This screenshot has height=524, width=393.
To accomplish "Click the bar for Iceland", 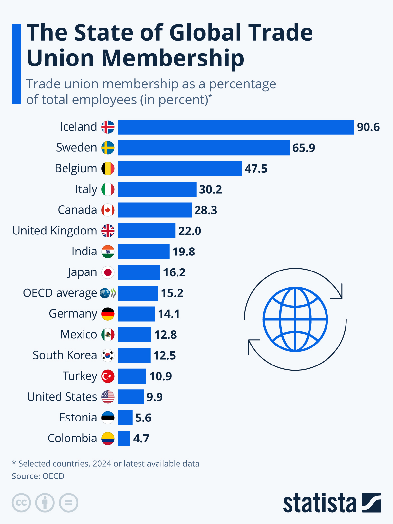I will pos(236,127).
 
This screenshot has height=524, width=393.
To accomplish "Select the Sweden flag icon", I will pos(108,148).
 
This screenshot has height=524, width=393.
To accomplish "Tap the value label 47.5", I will pos(256,169).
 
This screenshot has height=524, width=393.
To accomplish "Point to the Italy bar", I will pos(157,189).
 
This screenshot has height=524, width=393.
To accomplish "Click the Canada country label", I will pos(77,210).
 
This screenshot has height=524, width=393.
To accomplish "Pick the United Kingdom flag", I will pos(108,231).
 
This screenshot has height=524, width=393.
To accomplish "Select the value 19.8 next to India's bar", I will pos(184,252).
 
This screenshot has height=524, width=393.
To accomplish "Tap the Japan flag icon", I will pos(108,272).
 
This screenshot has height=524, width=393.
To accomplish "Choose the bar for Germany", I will pos(136,314).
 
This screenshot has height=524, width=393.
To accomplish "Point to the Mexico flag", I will pos(108,334).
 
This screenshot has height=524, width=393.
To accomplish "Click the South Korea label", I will pos(65,355).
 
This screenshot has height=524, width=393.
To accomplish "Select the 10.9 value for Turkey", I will pos(160,376).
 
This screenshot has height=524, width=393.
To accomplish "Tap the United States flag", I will pos(108,397).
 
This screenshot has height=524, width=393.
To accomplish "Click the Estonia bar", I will pos(125,418).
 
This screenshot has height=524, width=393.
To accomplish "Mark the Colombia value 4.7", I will pos(141,438).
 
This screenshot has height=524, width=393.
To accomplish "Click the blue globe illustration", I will pos(295,319).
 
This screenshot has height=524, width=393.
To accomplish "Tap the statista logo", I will pos(332,503).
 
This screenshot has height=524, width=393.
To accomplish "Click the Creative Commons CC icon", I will pos(21,503).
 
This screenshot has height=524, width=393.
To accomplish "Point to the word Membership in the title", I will pos(173,58).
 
